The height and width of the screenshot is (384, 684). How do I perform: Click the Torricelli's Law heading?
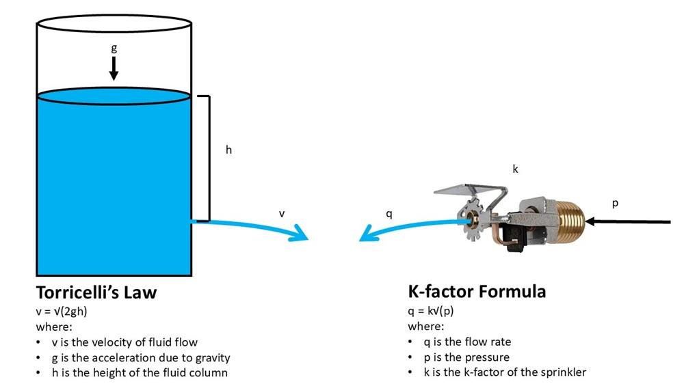(96, 293)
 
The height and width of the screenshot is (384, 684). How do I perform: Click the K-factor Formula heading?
(477, 292)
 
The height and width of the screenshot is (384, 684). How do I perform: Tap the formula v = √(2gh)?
(62, 311)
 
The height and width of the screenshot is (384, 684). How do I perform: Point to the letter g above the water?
(114, 49)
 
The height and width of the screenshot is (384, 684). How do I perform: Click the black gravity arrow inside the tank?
(114, 68)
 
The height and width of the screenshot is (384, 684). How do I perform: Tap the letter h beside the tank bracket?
(229, 150)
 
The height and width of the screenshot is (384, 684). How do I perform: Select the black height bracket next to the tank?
(208, 158)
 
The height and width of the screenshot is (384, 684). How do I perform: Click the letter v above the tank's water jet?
(281, 213)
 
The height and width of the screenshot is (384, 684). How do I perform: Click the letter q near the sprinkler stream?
(389, 213)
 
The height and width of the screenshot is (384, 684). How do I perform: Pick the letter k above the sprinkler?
(515, 169)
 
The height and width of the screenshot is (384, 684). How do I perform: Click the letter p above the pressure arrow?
(616, 203)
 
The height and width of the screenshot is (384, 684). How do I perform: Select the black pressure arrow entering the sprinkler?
(629, 221)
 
